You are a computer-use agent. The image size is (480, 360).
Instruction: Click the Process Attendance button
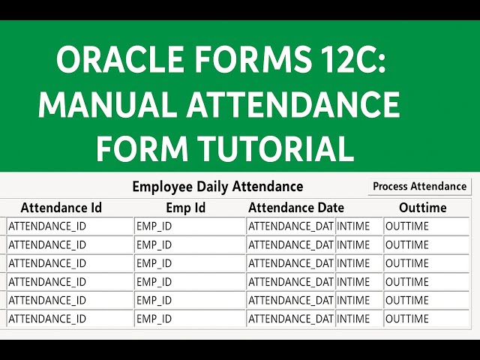click(419, 187)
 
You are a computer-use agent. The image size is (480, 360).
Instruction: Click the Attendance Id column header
click(61, 208)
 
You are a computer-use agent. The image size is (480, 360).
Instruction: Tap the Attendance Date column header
click(296, 208)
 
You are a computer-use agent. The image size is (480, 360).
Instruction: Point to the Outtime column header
click(422, 208)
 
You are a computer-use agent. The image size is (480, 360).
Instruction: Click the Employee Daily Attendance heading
click(217, 187)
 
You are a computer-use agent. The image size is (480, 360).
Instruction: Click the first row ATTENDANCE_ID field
click(69, 226)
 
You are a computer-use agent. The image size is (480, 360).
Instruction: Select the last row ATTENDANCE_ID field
click(69, 319)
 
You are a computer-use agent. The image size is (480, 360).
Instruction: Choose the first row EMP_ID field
click(190, 226)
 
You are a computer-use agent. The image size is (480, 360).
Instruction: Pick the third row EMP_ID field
click(190, 263)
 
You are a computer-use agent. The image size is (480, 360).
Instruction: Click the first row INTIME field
click(358, 226)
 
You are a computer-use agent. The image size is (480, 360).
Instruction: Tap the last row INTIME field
click(358, 319)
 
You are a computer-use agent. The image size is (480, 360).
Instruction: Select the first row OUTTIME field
click(420, 226)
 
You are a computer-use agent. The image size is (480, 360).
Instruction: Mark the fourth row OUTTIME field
click(420, 282)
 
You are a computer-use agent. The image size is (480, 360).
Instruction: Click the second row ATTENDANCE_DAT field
click(291, 244)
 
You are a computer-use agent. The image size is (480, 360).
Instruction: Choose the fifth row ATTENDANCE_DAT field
click(291, 300)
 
